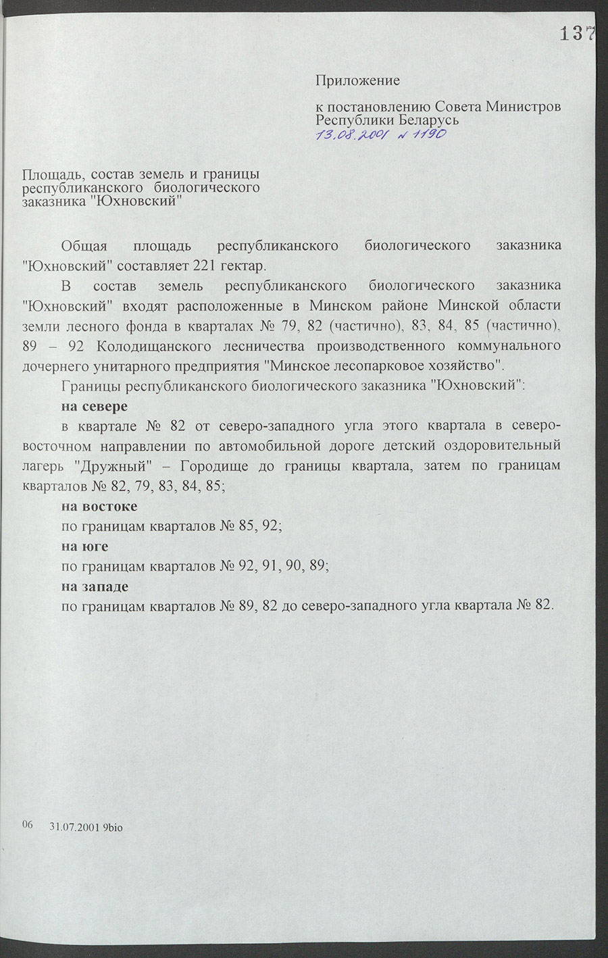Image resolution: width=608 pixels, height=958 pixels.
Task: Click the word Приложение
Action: (357, 80)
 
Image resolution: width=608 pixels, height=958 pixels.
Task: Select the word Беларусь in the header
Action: (428, 120)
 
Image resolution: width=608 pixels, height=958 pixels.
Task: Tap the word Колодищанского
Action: (160, 347)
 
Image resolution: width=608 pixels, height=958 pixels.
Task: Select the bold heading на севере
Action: (95, 407)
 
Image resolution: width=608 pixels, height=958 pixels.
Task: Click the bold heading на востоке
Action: (99, 507)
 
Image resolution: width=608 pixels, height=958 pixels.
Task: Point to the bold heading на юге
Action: (85, 547)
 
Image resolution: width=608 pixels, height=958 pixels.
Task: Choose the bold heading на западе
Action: (95, 586)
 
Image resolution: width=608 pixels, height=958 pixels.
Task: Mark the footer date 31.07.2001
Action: (75, 827)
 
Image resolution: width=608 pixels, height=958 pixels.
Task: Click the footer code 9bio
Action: (113, 827)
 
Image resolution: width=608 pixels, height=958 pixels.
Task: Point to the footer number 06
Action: (28, 825)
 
